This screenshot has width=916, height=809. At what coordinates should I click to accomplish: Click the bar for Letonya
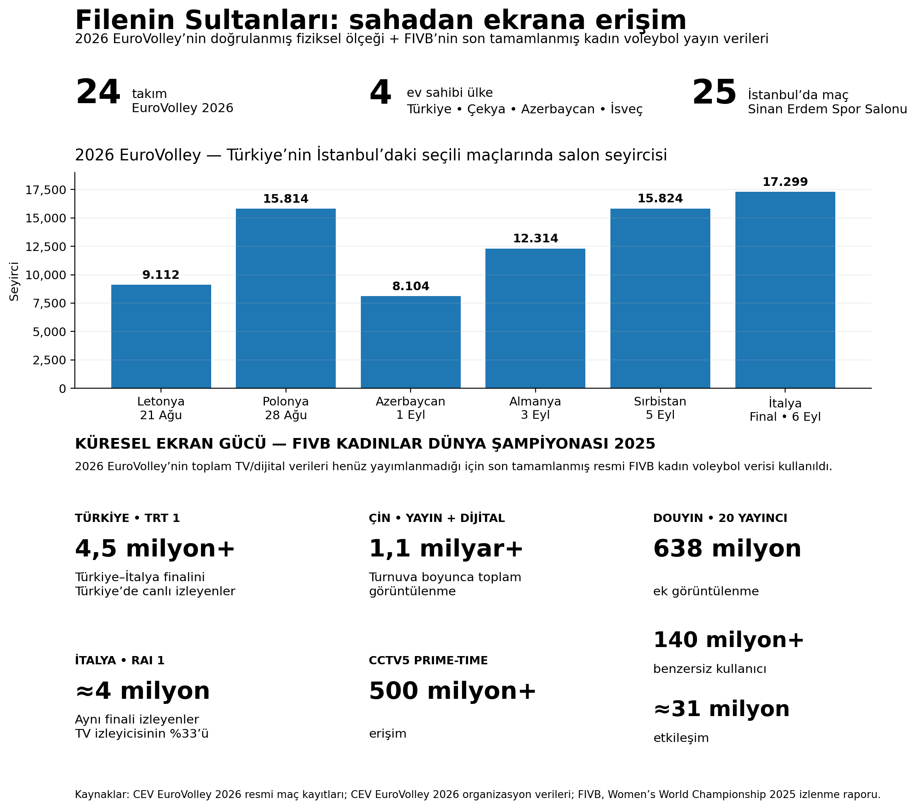point(161,336)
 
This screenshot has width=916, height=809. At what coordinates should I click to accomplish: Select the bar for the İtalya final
point(785,290)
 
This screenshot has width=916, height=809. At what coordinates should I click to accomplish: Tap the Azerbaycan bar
point(411,342)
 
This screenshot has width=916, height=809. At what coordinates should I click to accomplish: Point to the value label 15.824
point(660,199)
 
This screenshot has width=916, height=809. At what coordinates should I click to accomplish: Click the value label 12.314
point(536,238)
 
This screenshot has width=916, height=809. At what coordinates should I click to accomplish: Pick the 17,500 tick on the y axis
point(46,190)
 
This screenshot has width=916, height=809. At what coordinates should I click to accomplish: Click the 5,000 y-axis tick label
point(49,332)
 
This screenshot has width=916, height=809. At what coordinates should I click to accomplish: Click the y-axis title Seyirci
point(14,281)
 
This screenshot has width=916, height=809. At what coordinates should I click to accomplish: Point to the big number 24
point(98,93)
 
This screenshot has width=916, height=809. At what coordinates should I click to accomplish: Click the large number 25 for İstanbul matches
point(714,93)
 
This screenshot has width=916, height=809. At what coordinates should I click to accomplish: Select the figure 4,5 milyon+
point(155,549)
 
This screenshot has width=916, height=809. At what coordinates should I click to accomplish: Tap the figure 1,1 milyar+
point(446,549)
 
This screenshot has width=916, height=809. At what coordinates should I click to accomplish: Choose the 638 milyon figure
point(727,549)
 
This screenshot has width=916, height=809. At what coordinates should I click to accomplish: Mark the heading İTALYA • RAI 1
point(119,660)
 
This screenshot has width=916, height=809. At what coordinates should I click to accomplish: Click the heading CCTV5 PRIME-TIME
point(428,660)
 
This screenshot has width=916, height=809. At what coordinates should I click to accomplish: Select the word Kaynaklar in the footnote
point(102,794)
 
